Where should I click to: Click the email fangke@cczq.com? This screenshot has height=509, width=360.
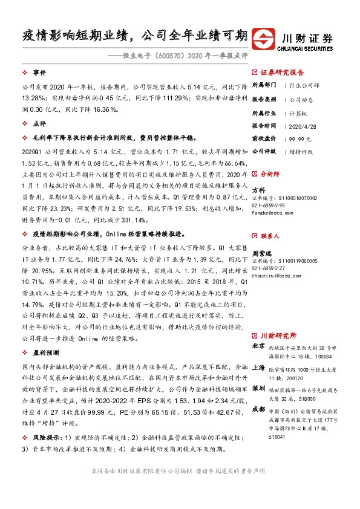(270, 212)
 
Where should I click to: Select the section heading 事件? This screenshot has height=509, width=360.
(40, 71)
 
